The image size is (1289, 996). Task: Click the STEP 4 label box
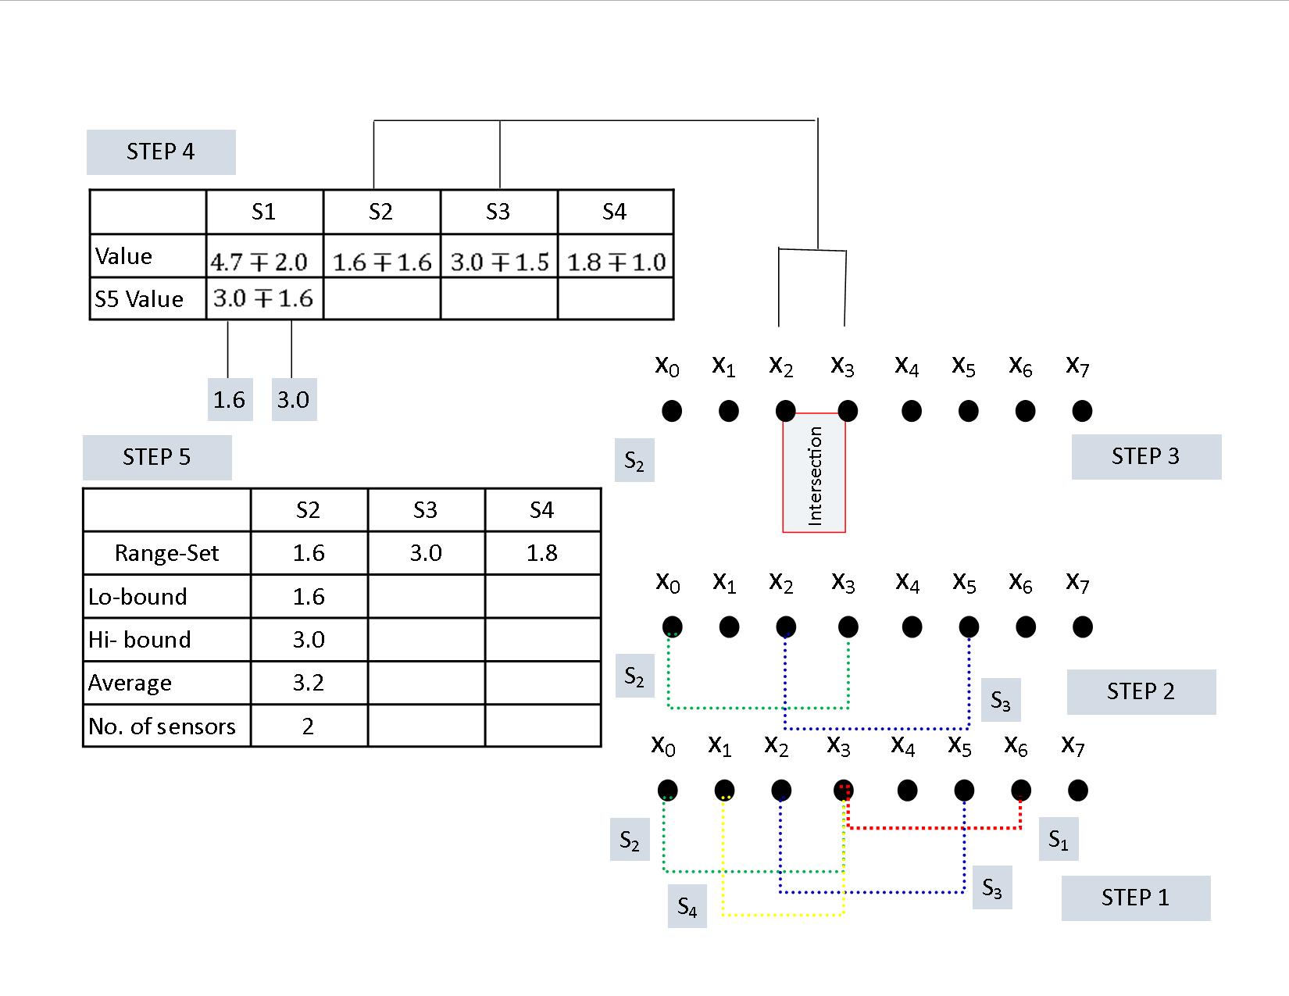161,152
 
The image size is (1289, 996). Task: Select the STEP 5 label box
157,457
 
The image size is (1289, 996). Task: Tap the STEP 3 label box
1146,457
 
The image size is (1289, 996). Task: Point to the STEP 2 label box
1141,691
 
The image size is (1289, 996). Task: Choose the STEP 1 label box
1135,898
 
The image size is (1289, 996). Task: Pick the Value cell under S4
616,262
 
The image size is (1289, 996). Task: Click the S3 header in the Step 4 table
498,212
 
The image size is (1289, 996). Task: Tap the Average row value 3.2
309,683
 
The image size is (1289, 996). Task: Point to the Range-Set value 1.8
542,553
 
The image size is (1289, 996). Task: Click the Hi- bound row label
139,640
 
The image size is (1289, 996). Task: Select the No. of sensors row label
162,726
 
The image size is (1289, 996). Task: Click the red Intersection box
814,473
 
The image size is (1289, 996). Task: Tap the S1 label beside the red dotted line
1059,839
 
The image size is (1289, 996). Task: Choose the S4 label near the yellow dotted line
687,906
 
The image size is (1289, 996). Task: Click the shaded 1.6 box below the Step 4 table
230,399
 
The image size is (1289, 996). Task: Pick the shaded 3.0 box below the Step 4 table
295,399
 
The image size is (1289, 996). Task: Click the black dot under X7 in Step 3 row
1082,410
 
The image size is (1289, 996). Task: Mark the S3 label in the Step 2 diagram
1001,700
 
